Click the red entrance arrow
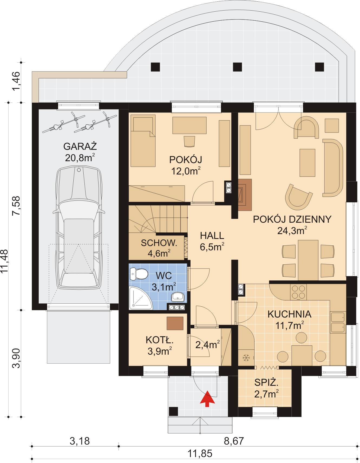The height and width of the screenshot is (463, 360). pos(207,399)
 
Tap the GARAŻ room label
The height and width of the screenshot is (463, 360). pos(80,146)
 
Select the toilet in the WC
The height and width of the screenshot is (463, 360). pos(139,274)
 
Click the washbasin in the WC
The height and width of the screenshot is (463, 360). pos(178,297)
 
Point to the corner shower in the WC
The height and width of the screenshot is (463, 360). pos(140,298)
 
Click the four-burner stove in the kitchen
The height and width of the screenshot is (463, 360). pos(299,292)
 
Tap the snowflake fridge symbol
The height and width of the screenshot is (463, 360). pos(246,358)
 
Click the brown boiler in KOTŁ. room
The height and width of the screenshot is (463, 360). pos(175,323)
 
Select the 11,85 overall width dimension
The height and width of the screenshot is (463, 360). pos(200,454)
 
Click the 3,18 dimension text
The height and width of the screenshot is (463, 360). pos(80,441)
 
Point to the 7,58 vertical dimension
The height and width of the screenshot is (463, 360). pos(16,206)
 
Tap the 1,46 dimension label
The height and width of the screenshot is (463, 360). pos(16,81)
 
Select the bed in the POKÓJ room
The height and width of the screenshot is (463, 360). pos(143,141)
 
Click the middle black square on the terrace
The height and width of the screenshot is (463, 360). pos(237,67)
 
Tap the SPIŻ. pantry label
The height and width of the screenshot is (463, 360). pos(266,383)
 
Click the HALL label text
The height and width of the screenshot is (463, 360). pos(212,236)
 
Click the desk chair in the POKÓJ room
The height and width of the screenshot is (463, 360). pos(189,141)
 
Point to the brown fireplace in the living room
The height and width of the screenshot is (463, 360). pos(245,195)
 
